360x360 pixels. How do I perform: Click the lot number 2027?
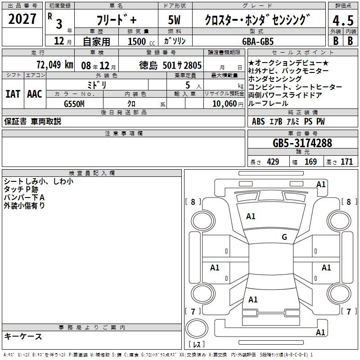coord(22,19)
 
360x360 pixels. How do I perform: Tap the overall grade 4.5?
coord(343,20)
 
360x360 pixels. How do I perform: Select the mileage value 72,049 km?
coord(55,65)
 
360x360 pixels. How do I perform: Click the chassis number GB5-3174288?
coord(302,143)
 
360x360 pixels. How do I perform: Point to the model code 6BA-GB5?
coord(258,41)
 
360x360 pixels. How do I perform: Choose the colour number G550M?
coord(74,104)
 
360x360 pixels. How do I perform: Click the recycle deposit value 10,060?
coord(225,104)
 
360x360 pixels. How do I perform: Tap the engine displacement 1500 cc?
coord(141,41)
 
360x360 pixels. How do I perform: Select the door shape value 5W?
coord(174,20)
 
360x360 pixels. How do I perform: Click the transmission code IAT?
coord(13,94)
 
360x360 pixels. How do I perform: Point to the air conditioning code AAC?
coord(35,94)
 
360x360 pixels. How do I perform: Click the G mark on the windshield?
coord(284,237)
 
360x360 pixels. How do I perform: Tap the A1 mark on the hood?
coord(251,216)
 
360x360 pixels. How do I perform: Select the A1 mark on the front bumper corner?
coord(321,184)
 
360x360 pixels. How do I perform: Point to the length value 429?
coord(273,162)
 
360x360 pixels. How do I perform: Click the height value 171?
coord(346,162)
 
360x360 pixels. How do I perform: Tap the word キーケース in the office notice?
coord(23,337)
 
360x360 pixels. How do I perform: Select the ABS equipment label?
coord(258,121)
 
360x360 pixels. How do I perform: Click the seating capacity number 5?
coord(188,85)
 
